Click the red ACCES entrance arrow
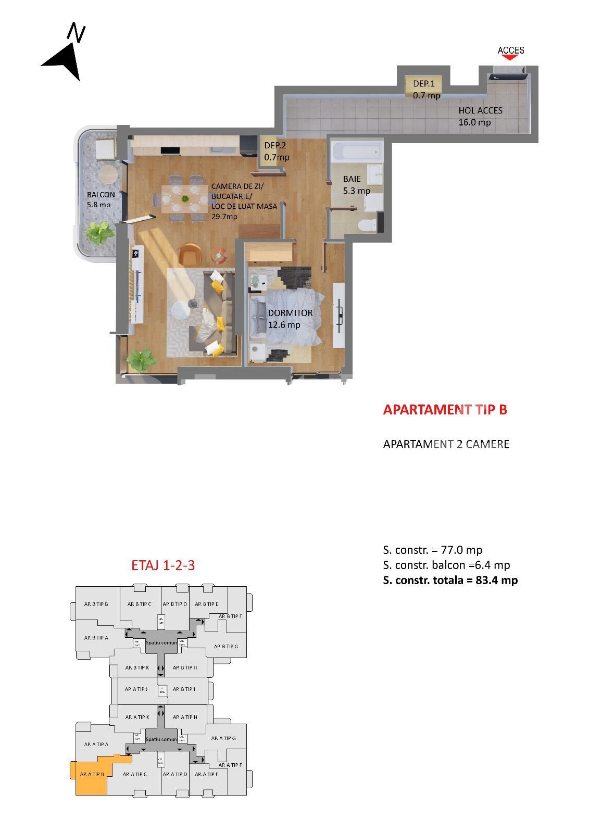tap(511, 57)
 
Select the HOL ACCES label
tap(480, 110)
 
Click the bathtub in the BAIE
tap(357, 152)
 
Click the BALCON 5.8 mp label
tap(101, 200)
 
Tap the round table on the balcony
tap(108, 174)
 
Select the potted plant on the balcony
tap(99, 232)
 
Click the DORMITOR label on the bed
tap(290, 313)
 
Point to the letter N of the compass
tap(77, 33)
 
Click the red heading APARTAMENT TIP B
tap(445, 410)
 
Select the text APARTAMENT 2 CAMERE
tap(446, 444)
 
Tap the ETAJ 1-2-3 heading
tap(163, 565)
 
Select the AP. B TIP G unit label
tap(225, 647)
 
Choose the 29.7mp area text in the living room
tap(224, 217)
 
